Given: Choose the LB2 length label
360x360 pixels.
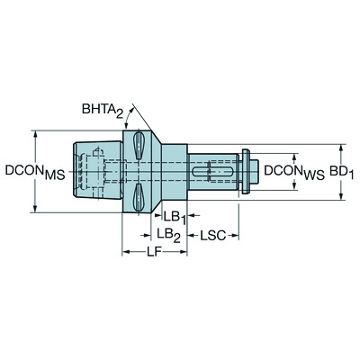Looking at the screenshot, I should coord(168,234).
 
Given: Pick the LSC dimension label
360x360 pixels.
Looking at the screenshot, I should coord(212,234).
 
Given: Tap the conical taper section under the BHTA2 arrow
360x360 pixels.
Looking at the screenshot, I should coord(155,171).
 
